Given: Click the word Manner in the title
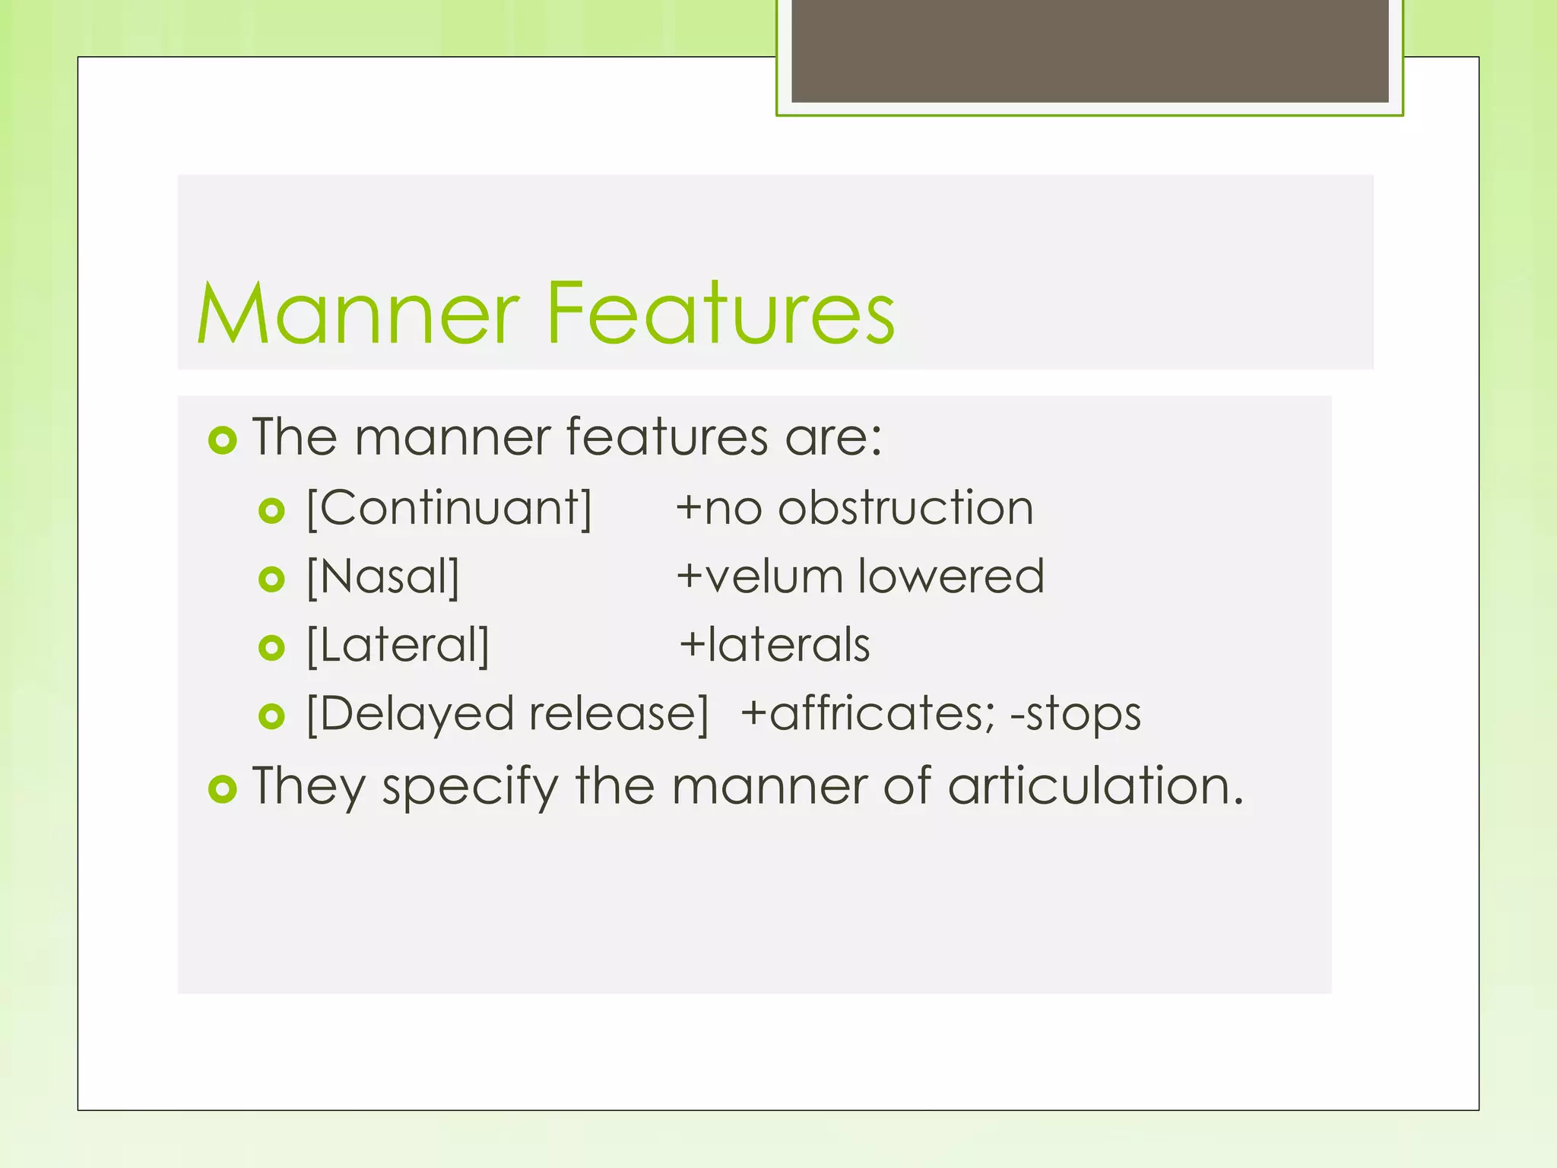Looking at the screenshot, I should point(357,313).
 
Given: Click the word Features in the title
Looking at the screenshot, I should point(720,313).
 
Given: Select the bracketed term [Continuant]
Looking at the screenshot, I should point(449,508).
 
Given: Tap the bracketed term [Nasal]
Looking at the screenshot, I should point(383,576).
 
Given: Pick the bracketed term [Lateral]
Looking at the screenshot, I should point(398,645).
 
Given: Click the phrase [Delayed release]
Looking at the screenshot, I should point(507,714).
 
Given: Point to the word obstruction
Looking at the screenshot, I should point(905,508).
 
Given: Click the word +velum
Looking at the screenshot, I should point(760,576).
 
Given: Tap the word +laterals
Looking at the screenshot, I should point(774,645).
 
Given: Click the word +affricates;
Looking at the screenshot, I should point(867,714).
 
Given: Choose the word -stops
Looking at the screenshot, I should point(1075,714).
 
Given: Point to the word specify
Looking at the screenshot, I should point(470,786).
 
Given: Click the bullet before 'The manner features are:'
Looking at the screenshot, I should point(223,440).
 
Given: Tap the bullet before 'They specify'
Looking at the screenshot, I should point(223,789).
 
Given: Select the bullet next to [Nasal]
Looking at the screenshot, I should point(271,579).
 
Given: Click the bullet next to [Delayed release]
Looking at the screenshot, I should point(271,716).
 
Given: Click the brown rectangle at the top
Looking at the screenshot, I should point(1089,50).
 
